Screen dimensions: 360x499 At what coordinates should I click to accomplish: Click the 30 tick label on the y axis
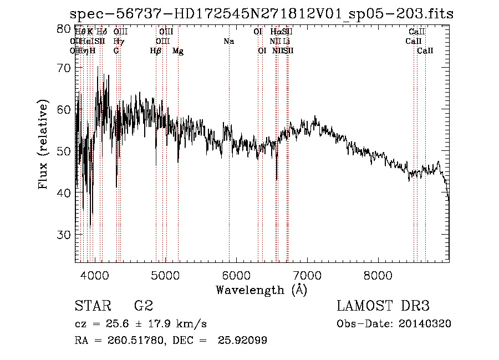[65, 235]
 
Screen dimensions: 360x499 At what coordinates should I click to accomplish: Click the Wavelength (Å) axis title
[261, 290]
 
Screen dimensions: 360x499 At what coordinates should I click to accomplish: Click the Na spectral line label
[228, 42]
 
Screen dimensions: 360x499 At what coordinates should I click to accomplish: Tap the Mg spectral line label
[178, 51]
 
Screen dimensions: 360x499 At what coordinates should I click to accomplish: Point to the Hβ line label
[155, 51]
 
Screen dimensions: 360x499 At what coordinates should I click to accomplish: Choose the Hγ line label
[118, 42]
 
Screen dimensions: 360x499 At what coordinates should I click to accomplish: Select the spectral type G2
[143, 306]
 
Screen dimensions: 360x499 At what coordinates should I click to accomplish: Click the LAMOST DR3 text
[383, 306]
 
